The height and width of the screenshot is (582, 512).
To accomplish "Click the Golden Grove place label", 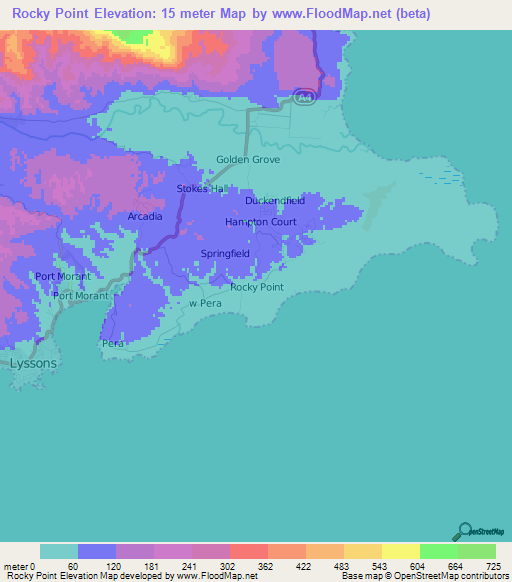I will click(x=248, y=160).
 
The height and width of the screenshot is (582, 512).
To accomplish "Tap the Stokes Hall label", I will click(x=204, y=189).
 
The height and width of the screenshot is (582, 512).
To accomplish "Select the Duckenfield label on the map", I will click(x=275, y=201).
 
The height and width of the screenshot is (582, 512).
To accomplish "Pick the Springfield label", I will click(x=225, y=254).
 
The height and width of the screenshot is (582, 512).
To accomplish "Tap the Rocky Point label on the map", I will click(x=257, y=287).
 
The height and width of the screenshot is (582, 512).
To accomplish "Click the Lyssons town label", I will click(x=33, y=364).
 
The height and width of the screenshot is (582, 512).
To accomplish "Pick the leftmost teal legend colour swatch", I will click(x=59, y=551).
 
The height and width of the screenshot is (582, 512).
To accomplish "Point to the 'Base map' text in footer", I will click(x=361, y=576).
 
